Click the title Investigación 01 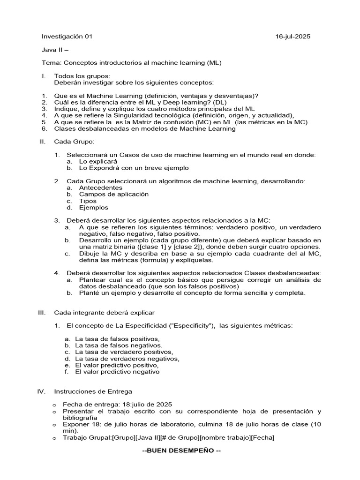(x=67, y=37)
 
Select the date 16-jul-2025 (x=292, y=37)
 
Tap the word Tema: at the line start (x=52, y=62)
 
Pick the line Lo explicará (x=98, y=161)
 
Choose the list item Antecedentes (x=100, y=187)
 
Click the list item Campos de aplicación (x=113, y=194)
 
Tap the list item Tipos (x=88, y=201)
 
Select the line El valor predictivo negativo (x=117, y=372)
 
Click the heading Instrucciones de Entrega (x=93, y=391)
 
